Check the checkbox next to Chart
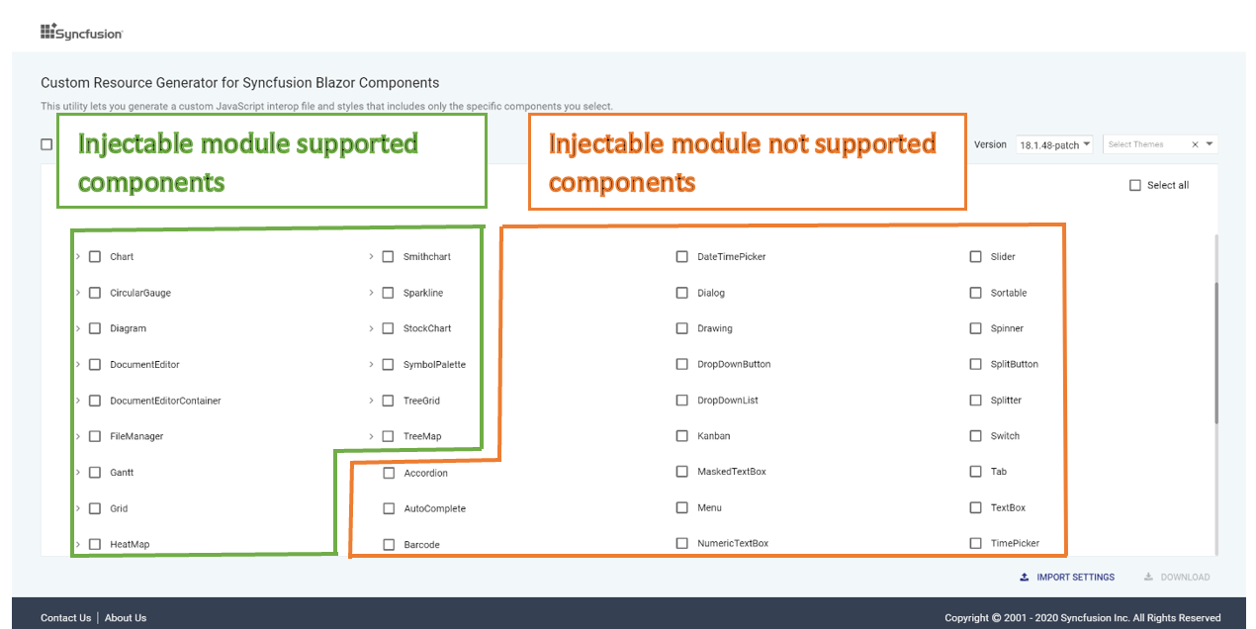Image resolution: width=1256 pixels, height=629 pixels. pos(95,257)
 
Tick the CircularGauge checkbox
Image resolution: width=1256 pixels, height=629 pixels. pos(95,293)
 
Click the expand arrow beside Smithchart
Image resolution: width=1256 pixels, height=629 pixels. pos(371,257)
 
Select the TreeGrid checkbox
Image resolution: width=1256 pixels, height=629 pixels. pos(388,401)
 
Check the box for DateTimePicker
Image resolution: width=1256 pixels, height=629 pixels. pos(681,257)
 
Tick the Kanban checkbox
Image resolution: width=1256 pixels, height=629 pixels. pos(681,435)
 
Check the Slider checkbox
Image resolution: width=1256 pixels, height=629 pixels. pos(976,257)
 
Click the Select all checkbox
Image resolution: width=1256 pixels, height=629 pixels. pos(1135,185)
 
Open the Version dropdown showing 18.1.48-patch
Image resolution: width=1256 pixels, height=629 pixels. pos(1054,144)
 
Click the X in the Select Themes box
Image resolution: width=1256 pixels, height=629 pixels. pos(1195,144)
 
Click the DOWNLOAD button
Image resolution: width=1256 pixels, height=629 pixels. pos(1177,577)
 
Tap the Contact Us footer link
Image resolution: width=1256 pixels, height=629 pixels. pos(65,618)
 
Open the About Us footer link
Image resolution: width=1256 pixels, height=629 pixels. pos(126,618)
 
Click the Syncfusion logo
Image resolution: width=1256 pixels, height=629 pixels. pos(82,32)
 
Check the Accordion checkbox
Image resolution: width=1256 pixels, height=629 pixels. pos(389,473)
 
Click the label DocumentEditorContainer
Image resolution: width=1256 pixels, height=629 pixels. pos(165,401)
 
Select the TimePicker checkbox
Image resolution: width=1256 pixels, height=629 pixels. pos(976,543)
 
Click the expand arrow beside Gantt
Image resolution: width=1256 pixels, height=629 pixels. pos(78,472)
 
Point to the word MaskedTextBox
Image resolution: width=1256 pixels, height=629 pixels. pos(732,472)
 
